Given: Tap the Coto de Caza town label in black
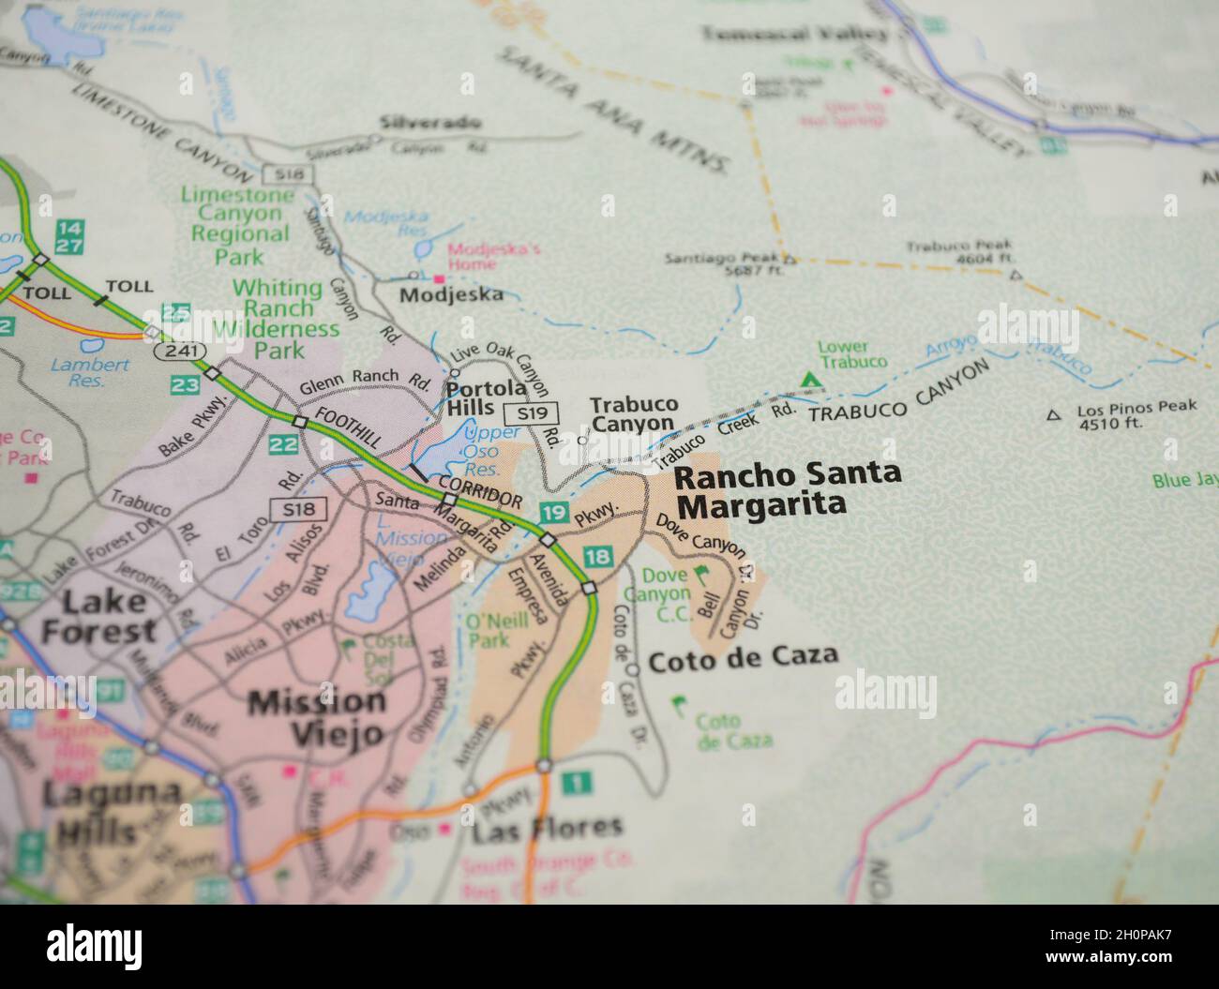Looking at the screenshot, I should [743, 655].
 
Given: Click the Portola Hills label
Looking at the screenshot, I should [472, 397].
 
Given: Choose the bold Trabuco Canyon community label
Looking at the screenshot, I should [633, 413].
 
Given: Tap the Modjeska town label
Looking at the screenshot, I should [451, 294].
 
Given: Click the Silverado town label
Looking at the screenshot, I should [430, 123].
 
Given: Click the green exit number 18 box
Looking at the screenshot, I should [596, 558].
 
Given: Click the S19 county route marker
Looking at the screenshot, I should [531, 412].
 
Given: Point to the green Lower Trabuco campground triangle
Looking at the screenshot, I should [807, 380].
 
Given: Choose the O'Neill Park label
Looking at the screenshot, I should [488, 631].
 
